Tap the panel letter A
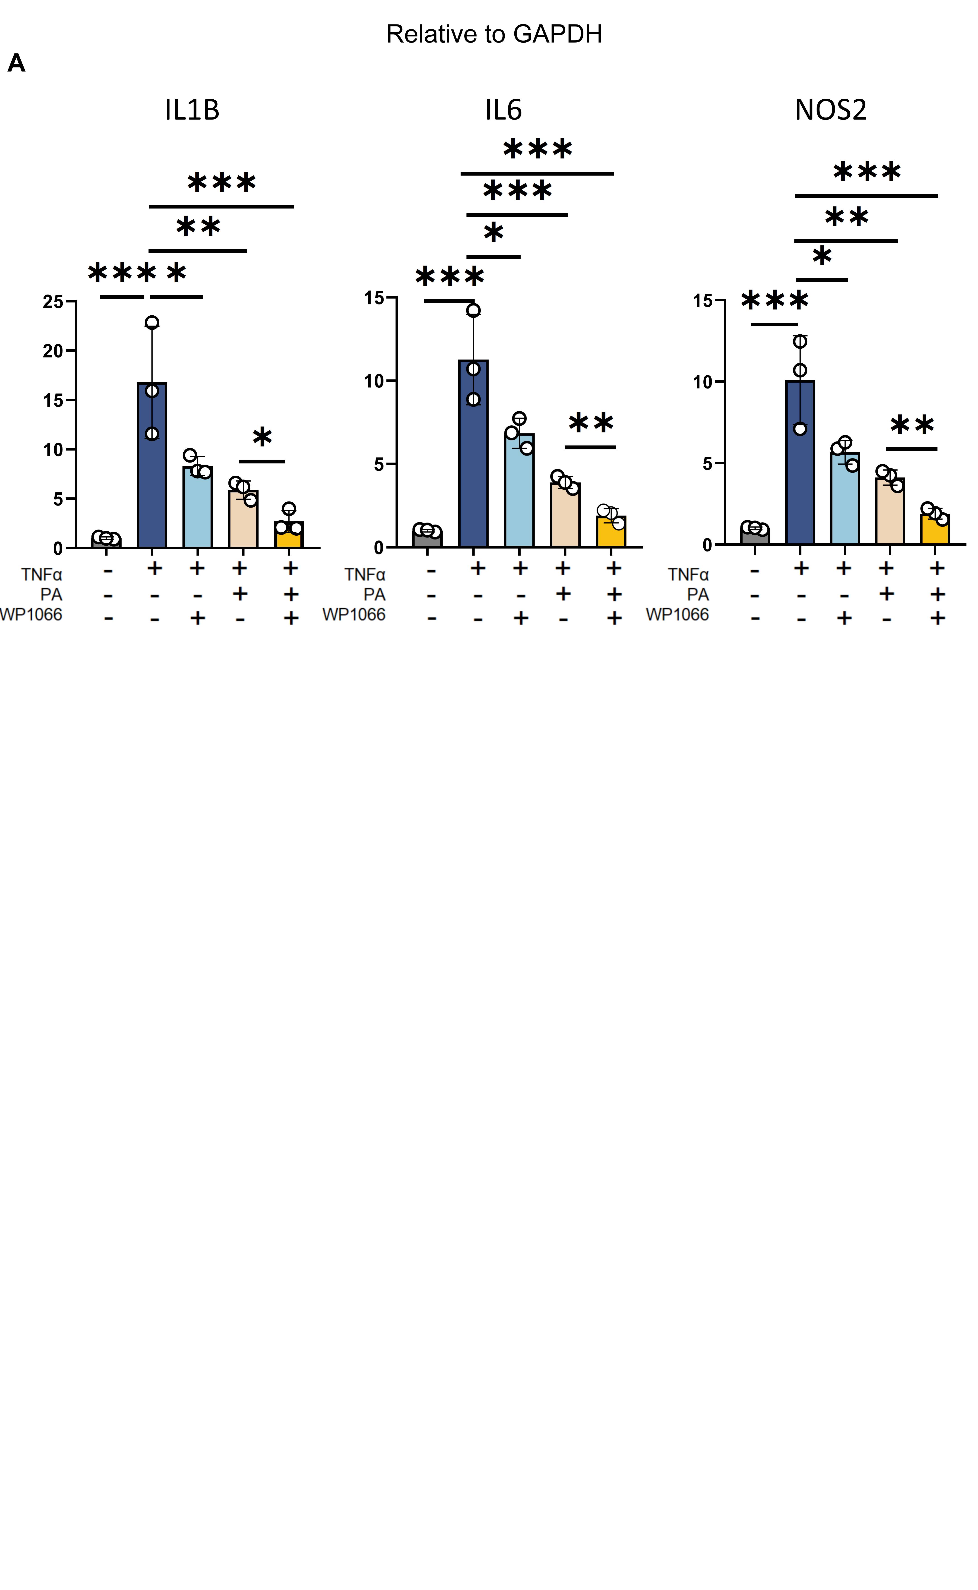tap(16, 63)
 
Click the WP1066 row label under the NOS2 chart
tap(677, 614)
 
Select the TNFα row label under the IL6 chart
tap(365, 574)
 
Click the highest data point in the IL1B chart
tap(152, 322)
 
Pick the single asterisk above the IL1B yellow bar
tap(262, 438)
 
